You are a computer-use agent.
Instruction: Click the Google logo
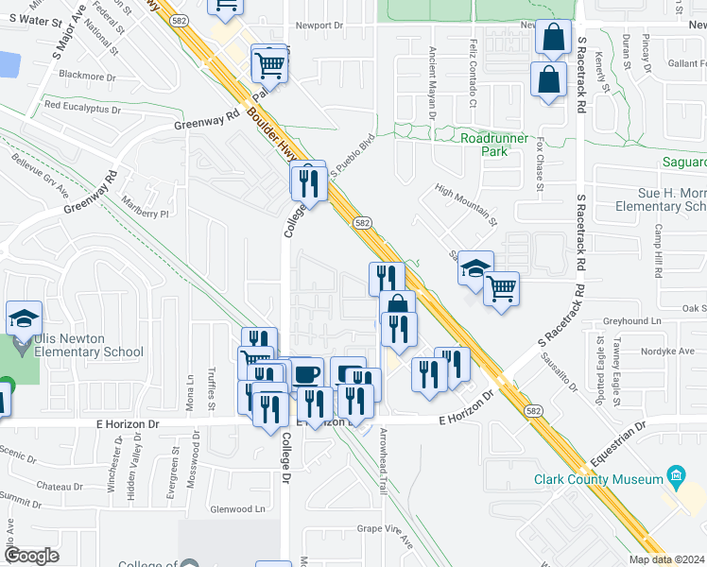click(x=31, y=556)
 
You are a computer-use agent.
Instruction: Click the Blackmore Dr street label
click(x=86, y=74)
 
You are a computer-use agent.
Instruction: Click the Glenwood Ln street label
click(x=237, y=508)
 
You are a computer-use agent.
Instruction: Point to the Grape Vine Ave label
click(x=385, y=536)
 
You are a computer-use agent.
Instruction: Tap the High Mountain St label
click(x=466, y=206)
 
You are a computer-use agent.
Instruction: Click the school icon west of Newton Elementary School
click(x=24, y=319)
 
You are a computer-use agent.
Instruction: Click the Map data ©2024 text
click(x=666, y=559)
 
